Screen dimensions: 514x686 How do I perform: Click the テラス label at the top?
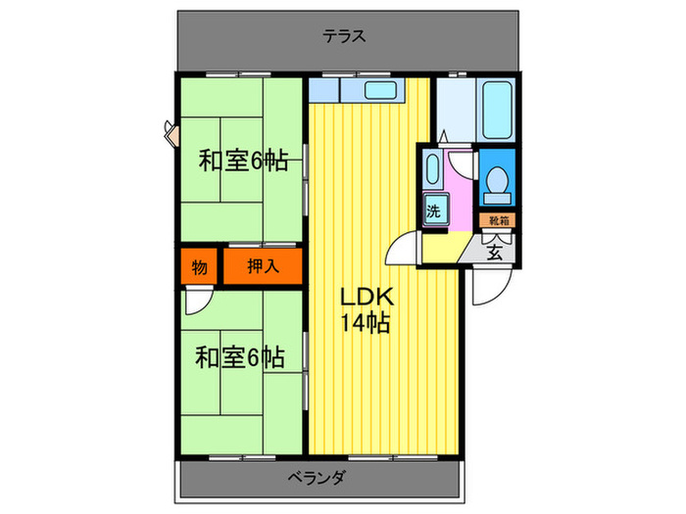pos(344,37)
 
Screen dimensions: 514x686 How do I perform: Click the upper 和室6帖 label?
pos(242,161)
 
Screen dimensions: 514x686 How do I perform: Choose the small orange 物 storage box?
pos(199,266)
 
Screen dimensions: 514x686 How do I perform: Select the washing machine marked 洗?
pos(433,209)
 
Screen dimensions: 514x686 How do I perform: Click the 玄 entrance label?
pos(495,250)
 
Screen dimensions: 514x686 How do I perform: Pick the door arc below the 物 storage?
pos(196,301)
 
